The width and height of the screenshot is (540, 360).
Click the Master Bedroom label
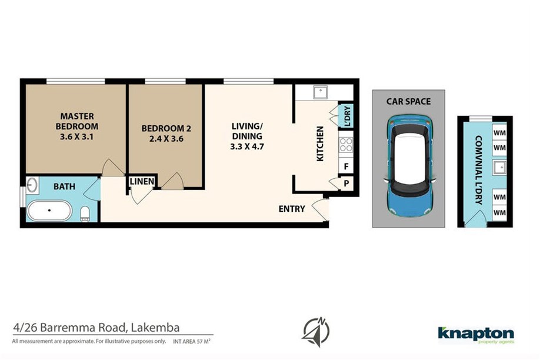tap(77, 121)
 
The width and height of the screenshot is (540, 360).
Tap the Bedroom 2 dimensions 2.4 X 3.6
tap(166, 139)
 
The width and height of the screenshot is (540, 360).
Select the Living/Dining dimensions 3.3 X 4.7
tap(247, 146)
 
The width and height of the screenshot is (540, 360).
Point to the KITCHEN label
tap(320, 144)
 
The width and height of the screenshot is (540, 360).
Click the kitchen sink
tap(320, 92)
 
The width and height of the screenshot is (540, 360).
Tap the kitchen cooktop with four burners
tap(346, 145)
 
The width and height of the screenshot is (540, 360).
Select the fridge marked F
tap(346, 166)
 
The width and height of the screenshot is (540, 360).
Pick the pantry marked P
tap(346, 184)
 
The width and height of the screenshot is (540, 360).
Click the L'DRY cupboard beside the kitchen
tap(346, 115)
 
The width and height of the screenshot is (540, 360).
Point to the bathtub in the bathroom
tap(49, 210)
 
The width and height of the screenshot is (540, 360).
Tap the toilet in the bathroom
tap(85, 214)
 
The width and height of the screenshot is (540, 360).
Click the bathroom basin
tap(32, 185)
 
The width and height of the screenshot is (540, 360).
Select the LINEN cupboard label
tap(142, 182)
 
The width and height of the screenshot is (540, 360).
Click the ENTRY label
tap(292, 209)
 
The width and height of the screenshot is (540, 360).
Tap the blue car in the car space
tap(409, 166)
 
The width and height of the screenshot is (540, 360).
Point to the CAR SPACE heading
tap(408, 101)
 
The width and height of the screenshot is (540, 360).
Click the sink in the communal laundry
tap(499, 168)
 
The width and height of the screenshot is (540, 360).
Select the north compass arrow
tap(316, 332)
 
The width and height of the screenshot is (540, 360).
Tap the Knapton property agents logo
tap(476, 335)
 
